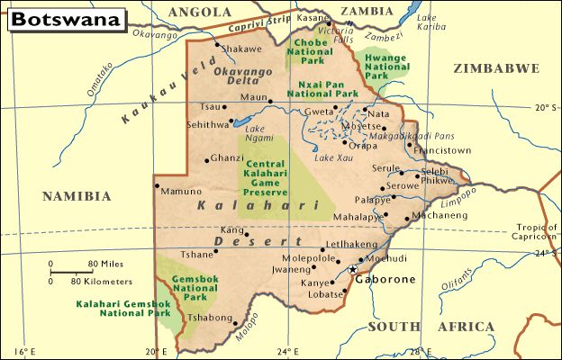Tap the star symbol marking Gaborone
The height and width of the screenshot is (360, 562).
click(352, 269)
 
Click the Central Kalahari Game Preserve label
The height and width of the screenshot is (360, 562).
click(265, 178)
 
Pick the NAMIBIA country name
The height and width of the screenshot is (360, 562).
click(77, 195)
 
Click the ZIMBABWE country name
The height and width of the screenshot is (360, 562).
click(496, 68)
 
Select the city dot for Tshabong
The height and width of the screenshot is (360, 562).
click(232, 318)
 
